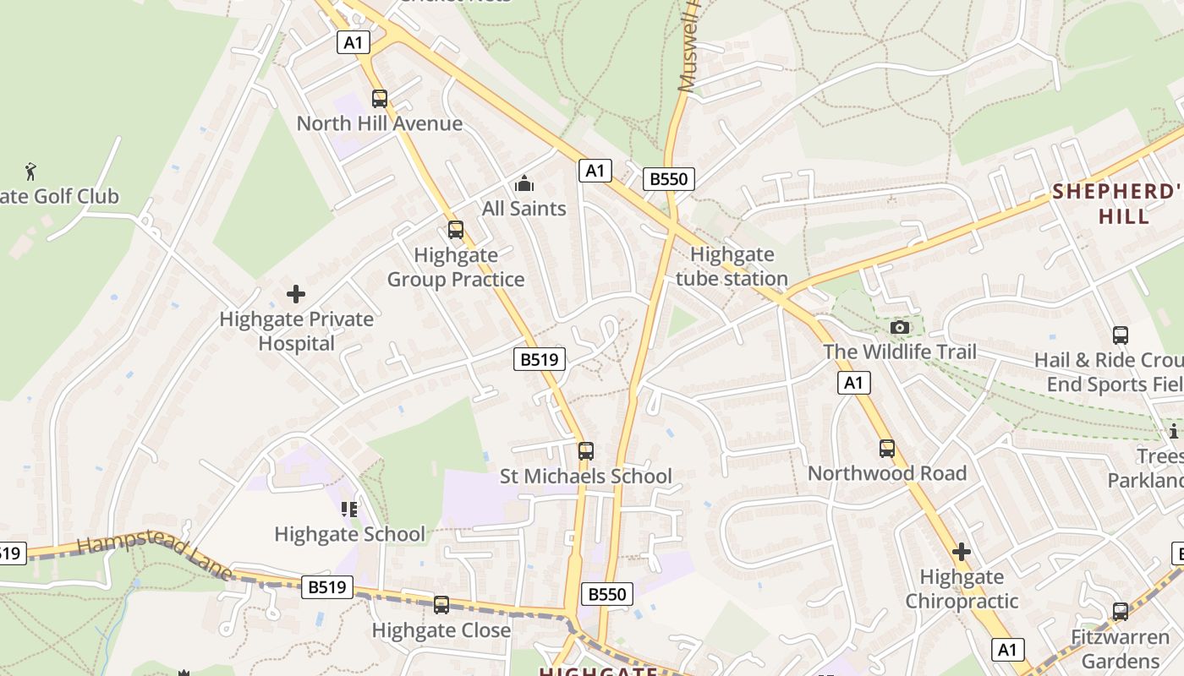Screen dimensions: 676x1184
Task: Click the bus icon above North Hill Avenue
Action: tap(380, 99)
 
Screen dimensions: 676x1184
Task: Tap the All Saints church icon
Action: tap(524, 183)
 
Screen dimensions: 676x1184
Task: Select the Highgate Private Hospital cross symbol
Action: tap(296, 294)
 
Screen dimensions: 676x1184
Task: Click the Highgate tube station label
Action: tap(732, 266)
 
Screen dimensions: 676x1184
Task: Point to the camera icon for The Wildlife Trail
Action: tap(900, 327)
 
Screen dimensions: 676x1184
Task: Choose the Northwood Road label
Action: tap(887, 473)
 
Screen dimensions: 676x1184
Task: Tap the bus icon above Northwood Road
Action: tap(887, 449)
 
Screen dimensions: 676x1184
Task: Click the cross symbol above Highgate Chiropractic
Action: tap(962, 553)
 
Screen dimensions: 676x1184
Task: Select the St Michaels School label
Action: tap(586, 477)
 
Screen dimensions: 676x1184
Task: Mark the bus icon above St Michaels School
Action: tap(586, 451)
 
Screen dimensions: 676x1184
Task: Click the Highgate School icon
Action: tap(349, 509)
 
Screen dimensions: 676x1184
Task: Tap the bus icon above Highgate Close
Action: tap(441, 605)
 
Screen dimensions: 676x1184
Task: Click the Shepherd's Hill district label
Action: tap(1116, 204)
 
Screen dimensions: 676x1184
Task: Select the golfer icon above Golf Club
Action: tap(31, 172)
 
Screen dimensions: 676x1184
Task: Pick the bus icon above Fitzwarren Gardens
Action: tap(1121, 611)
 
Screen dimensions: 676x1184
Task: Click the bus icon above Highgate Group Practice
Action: tap(456, 230)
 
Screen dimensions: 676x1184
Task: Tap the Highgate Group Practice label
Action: tap(456, 267)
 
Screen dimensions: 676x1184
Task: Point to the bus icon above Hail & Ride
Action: tap(1121, 335)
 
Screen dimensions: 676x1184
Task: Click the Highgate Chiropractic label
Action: tap(962, 589)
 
